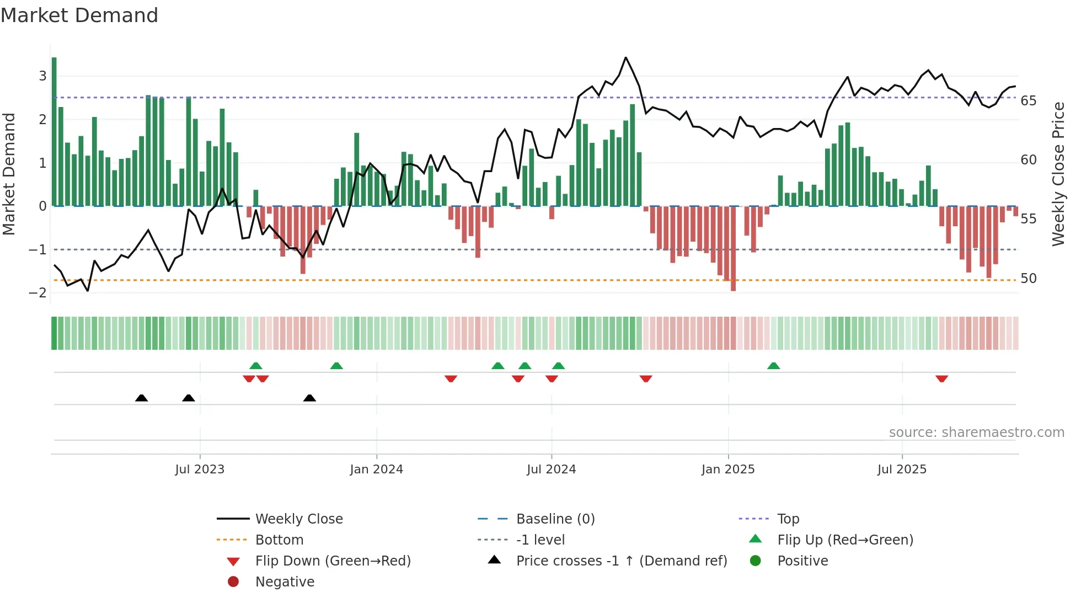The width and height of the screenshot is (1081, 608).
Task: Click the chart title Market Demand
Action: tap(79, 15)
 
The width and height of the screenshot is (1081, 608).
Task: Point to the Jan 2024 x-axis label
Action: tap(376, 469)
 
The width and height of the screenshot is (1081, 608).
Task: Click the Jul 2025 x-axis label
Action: tap(902, 469)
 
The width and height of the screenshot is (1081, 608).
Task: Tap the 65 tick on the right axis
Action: tap(1028, 100)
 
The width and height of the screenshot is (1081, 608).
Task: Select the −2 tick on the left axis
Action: tap(38, 292)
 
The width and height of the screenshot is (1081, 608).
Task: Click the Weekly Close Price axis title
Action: tap(1058, 174)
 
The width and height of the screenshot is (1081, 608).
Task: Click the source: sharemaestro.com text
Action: tap(976, 432)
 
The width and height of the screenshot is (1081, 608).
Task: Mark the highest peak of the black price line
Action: tap(625, 58)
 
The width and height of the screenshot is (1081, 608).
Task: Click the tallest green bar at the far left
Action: tap(54, 132)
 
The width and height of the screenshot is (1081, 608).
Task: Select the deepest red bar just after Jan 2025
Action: tap(733, 248)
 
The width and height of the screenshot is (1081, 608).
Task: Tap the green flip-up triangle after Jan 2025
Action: tap(773, 366)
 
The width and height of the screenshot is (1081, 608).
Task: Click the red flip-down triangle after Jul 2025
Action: tap(941, 378)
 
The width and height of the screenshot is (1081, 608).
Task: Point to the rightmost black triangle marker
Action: tap(309, 398)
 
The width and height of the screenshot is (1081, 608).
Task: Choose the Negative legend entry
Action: tap(284, 582)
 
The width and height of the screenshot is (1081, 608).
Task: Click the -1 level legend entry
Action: tap(540, 540)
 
